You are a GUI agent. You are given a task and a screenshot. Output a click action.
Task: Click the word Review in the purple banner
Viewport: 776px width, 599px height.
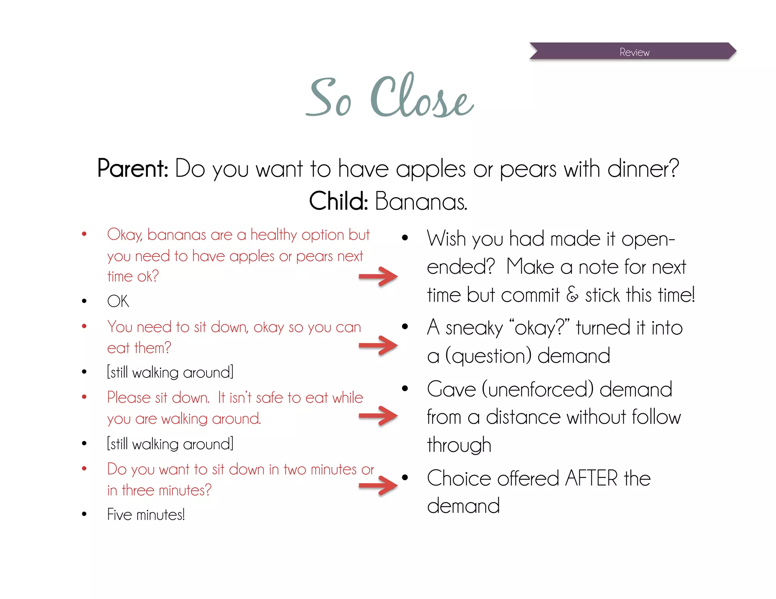(x=634, y=52)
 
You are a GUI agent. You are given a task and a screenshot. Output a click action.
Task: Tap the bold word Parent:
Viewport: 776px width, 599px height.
(x=133, y=168)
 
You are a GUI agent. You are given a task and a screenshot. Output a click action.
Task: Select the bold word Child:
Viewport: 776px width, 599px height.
(x=338, y=201)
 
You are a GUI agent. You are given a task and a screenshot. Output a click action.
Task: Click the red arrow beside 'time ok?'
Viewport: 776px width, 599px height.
(x=378, y=276)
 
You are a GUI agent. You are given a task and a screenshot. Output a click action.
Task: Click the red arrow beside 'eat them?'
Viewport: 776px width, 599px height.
(x=378, y=345)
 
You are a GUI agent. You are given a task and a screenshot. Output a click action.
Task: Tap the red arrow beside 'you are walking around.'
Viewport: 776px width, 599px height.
(x=378, y=416)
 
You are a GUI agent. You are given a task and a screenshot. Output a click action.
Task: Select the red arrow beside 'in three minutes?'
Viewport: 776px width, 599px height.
(x=378, y=485)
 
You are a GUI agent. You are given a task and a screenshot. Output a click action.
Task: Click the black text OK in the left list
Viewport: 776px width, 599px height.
(x=118, y=301)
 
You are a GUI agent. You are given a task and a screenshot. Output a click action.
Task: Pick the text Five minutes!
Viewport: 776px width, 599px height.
(x=146, y=515)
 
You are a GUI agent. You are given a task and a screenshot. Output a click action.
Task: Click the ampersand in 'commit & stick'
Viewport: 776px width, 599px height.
(x=572, y=295)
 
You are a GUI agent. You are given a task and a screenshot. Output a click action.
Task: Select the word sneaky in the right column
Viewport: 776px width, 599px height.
(x=474, y=328)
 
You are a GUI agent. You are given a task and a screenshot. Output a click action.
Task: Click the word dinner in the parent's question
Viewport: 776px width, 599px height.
(x=642, y=169)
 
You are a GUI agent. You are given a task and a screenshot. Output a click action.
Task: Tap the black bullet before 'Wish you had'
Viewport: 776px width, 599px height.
(x=405, y=238)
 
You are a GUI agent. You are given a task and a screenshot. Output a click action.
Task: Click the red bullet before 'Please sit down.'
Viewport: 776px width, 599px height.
(x=84, y=397)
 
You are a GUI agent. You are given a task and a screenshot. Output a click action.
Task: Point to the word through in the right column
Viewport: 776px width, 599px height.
(x=459, y=445)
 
